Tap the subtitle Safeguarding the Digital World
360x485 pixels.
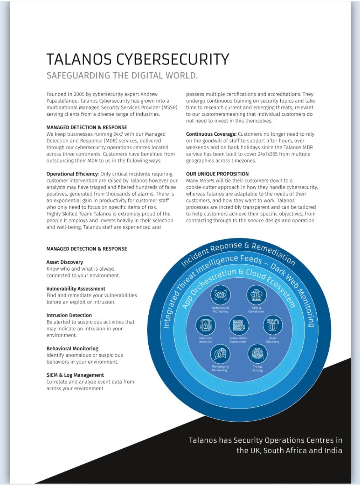(122, 75)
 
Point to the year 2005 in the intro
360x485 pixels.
(79, 94)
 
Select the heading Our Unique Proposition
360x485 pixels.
(217, 174)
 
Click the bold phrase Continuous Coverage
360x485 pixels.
(211, 134)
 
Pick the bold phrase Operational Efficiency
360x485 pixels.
(72, 174)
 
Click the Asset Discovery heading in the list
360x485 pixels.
(64, 262)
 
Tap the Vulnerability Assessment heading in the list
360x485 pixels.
(76, 289)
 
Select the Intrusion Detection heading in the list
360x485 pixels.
(69, 315)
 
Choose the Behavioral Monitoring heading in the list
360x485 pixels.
(72, 348)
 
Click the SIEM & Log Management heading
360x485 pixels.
(75, 375)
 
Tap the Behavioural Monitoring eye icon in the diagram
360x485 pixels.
(221, 295)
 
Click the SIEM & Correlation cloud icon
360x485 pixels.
(256, 295)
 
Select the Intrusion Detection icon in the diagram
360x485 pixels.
(206, 325)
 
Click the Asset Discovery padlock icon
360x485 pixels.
(272, 325)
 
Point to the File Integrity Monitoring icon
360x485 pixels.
(220, 354)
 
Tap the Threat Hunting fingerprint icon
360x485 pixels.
(257, 354)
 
